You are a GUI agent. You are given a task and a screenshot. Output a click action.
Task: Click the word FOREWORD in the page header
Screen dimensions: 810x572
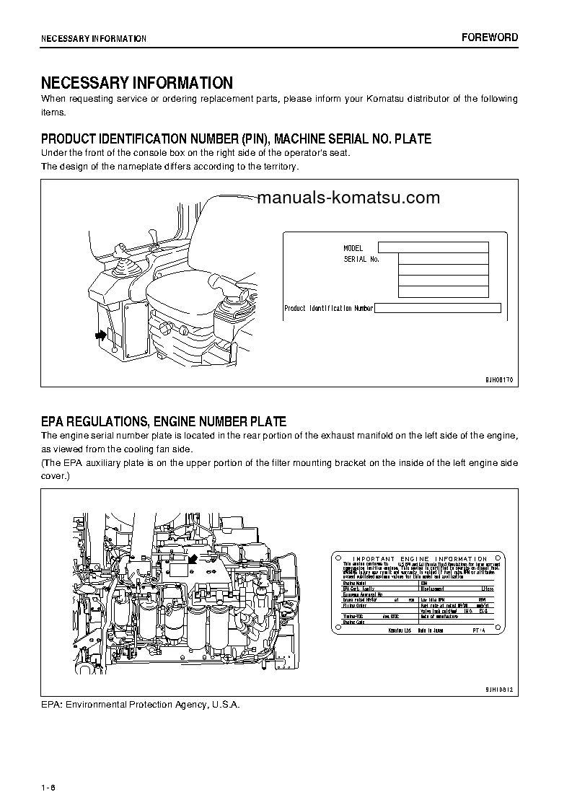pos(490,38)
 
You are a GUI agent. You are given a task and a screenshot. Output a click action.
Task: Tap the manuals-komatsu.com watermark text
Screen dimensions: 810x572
pos(348,198)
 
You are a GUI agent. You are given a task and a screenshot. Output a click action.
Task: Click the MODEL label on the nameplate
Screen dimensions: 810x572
pos(353,248)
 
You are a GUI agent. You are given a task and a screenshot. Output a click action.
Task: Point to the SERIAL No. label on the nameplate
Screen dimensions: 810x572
pos(361,259)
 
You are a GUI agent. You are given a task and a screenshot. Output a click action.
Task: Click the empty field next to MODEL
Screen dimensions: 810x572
pos(434,247)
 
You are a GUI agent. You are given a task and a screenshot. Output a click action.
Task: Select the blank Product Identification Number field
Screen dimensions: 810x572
pos(438,308)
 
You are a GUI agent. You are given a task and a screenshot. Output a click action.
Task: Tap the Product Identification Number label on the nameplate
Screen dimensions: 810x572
pos(328,309)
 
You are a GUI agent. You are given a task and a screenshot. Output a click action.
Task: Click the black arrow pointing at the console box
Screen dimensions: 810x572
pos(99,335)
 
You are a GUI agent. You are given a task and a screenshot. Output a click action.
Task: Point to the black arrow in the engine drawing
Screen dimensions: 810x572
pos(193,558)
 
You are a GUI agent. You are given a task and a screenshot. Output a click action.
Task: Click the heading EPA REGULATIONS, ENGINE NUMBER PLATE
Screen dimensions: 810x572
pos(163,422)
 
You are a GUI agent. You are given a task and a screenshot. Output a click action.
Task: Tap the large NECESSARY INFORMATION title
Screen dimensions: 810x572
pos(136,83)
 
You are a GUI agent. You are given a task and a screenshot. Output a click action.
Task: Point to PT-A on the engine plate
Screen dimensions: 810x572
pos(480,630)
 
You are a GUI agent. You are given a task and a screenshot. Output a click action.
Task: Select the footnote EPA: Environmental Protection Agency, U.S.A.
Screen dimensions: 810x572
pos(140,704)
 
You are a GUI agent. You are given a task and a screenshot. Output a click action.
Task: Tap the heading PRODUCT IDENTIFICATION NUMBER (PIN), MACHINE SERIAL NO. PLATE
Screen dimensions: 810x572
pos(236,138)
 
